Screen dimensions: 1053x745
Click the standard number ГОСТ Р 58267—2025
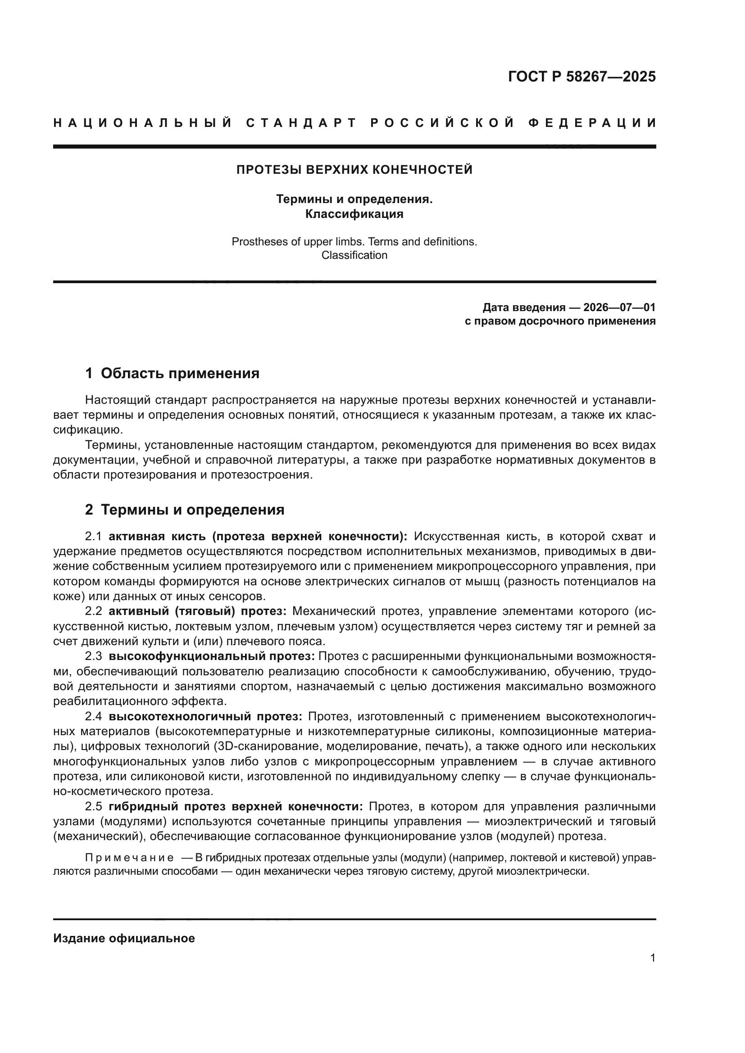click(581, 77)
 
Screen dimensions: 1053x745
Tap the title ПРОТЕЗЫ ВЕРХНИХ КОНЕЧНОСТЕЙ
click(354, 170)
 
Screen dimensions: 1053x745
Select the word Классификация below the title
click(354, 214)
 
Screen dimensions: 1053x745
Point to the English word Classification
click(354, 255)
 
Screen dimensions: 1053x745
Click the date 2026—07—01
click(619, 307)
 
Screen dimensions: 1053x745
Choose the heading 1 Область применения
click(172, 373)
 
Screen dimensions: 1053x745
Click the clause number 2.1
click(95, 537)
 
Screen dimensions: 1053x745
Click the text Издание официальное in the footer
click(124, 938)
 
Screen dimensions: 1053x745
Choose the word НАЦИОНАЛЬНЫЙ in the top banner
click(143, 123)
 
